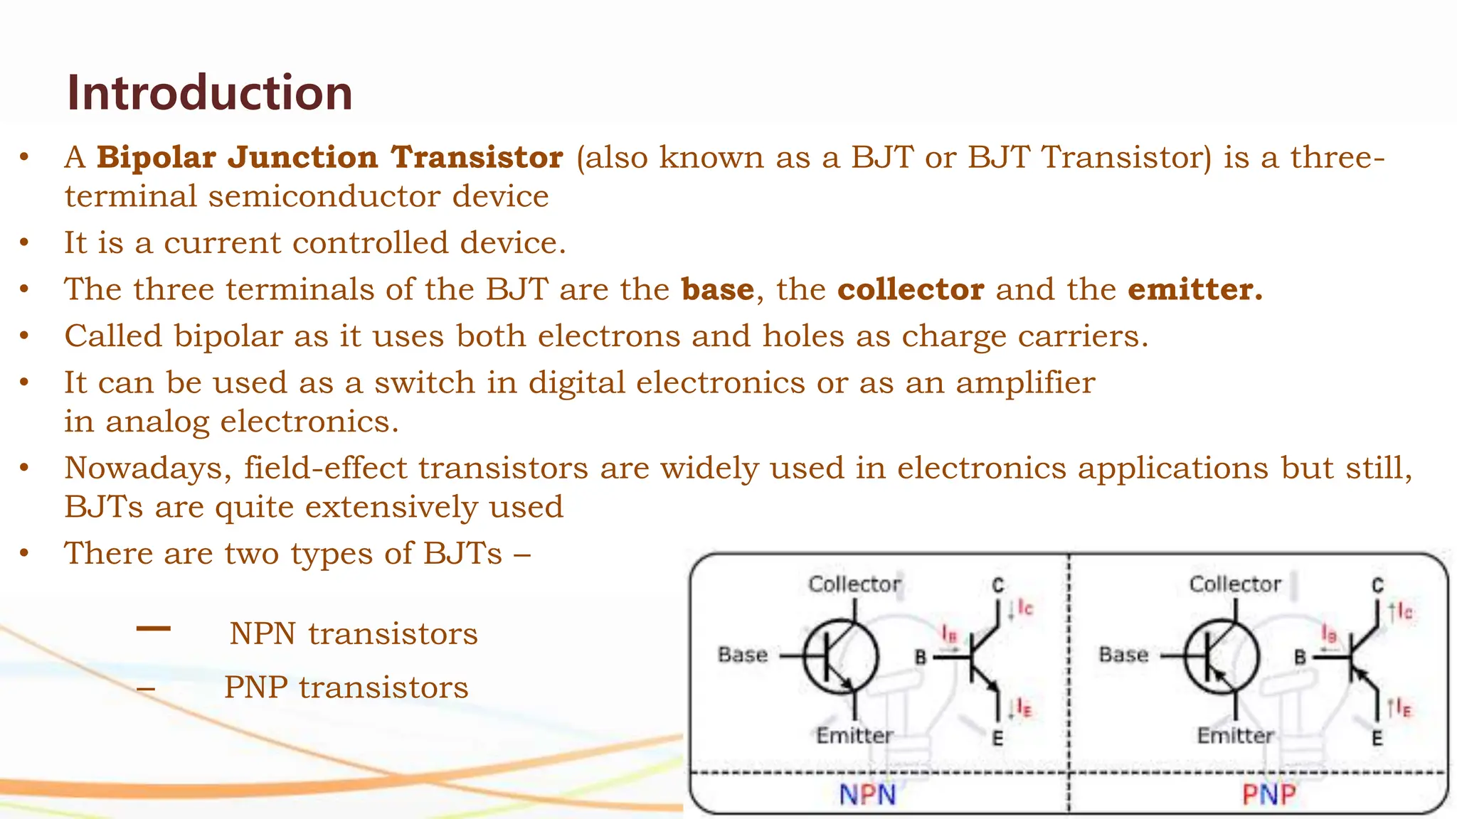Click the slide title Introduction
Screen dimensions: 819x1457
click(209, 92)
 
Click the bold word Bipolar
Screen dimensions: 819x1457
click(156, 157)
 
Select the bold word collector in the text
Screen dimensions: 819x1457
click(911, 289)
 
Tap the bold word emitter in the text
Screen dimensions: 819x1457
click(1194, 289)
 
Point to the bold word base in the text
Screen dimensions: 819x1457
click(717, 289)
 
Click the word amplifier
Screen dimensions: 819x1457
click(1025, 383)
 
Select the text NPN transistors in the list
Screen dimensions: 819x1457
click(354, 633)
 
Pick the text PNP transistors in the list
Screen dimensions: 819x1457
click(346, 687)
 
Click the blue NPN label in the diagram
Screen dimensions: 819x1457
click(867, 795)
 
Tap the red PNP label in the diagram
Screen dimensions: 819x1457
click(1268, 795)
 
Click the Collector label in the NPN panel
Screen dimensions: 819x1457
click(854, 584)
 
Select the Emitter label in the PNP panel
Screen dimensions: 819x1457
click(1235, 735)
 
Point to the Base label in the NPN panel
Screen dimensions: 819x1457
click(743, 655)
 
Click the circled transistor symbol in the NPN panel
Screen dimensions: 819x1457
click(842, 656)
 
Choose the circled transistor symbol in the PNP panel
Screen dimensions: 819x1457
click(1222, 656)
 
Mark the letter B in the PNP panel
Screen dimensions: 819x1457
click(1300, 657)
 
